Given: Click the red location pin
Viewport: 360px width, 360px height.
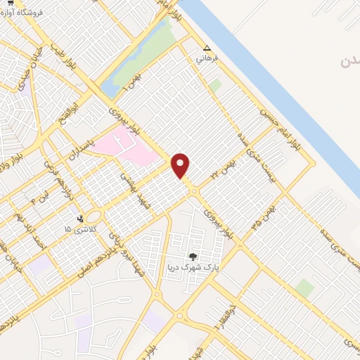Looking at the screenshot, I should tap(181, 165).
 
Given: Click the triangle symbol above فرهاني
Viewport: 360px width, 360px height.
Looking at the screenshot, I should tap(207, 49).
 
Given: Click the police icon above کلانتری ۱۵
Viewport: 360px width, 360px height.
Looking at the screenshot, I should tap(80, 219).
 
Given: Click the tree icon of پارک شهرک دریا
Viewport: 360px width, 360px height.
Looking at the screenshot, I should tap(193, 257).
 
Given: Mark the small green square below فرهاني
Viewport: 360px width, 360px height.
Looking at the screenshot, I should tap(215, 85).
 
